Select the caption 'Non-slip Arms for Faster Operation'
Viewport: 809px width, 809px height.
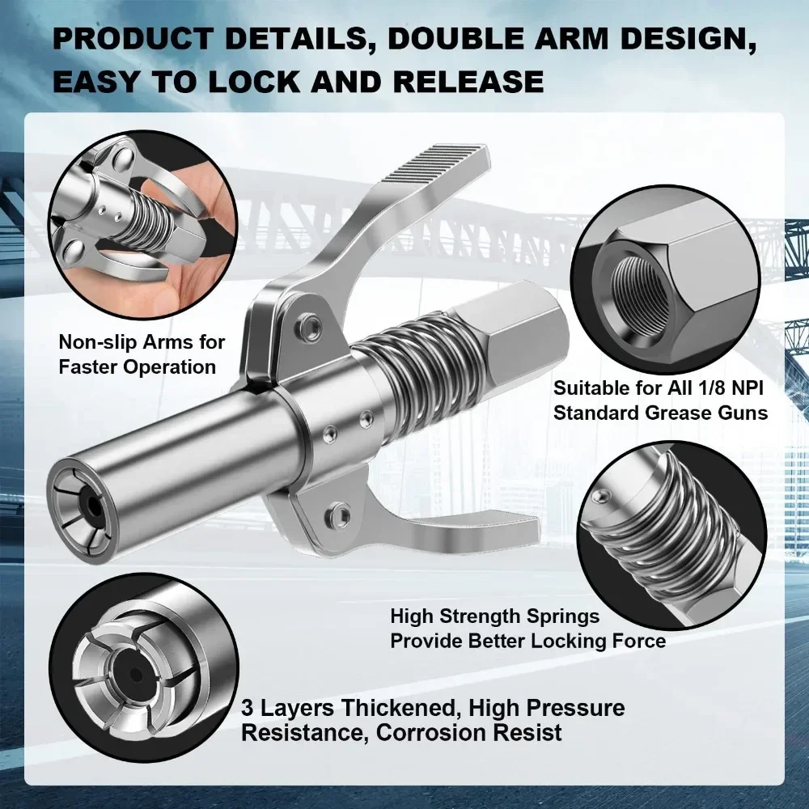(x=142, y=354)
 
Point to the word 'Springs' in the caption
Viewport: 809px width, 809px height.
(x=561, y=616)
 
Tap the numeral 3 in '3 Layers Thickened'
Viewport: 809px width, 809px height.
(x=248, y=709)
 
